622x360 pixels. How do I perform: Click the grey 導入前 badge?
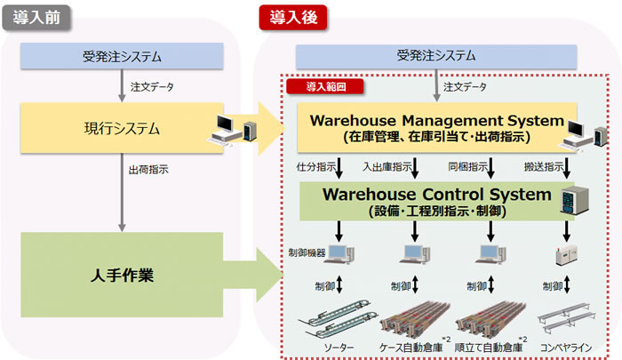click(36, 18)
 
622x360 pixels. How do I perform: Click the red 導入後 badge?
click(293, 18)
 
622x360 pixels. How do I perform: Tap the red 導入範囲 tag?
click(325, 86)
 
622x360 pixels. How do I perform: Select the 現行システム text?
click(122, 129)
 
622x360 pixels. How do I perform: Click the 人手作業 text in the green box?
click(122, 275)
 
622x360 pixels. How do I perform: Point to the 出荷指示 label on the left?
click(148, 170)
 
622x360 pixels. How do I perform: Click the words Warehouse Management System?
click(437, 120)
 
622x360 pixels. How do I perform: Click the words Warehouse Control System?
click(437, 194)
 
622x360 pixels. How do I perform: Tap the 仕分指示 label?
click(316, 167)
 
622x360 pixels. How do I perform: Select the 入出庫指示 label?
click(387, 167)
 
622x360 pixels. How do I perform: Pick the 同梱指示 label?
click(467, 167)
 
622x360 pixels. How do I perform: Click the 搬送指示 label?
click(544, 167)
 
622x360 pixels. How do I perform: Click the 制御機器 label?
click(307, 252)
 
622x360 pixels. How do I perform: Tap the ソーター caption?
click(339, 348)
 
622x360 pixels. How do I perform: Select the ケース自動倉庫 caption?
click(411, 348)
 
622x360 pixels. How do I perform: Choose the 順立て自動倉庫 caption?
click(489, 348)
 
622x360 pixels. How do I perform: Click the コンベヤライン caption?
click(566, 348)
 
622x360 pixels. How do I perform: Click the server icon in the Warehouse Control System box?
click(574, 200)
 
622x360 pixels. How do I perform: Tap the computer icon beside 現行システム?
click(233, 130)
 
